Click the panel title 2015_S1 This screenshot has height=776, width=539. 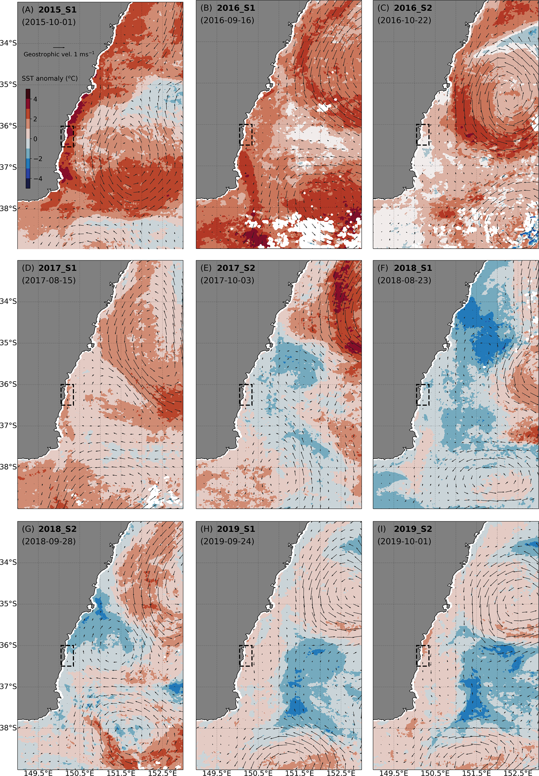point(57,9)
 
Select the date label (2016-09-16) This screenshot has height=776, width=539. point(227,20)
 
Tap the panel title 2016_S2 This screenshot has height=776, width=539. point(413,8)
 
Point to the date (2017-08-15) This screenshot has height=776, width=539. point(49,280)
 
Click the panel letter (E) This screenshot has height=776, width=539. point(206,268)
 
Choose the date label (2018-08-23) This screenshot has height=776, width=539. point(404,280)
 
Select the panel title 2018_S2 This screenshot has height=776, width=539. point(57,529)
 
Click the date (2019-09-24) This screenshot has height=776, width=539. point(227,541)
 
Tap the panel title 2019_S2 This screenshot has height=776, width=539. point(413,529)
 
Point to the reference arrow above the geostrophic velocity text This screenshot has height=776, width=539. point(59,48)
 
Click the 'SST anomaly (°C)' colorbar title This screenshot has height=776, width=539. point(50,78)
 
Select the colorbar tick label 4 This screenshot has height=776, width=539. point(35,99)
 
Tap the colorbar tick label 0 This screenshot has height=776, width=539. point(35,139)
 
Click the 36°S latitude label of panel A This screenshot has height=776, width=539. point(8,126)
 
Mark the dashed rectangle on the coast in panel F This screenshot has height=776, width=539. point(423,395)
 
